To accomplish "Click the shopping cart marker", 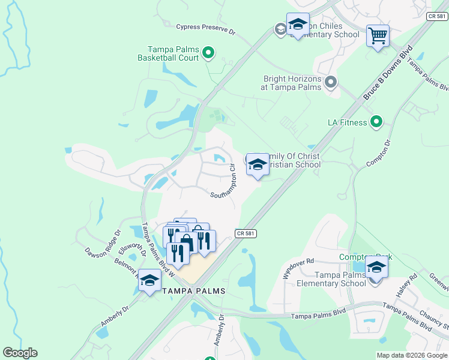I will tap(378, 36).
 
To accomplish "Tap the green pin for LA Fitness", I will tap(376, 122).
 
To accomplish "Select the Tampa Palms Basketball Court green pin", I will tap(208, 53).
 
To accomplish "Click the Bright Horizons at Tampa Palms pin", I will tap(330, 82).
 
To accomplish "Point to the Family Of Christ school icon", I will tap(257, 164).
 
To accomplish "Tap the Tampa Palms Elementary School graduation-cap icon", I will tap(376, 266).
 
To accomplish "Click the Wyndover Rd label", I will tap(298, 268).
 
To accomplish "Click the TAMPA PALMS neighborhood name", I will tap(194, 291).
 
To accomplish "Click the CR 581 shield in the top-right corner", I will tap(437, 17).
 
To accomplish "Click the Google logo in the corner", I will tap(20, 353).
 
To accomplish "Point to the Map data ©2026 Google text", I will tap(411, 355).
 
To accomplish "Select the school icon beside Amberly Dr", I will tap(149, 280).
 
